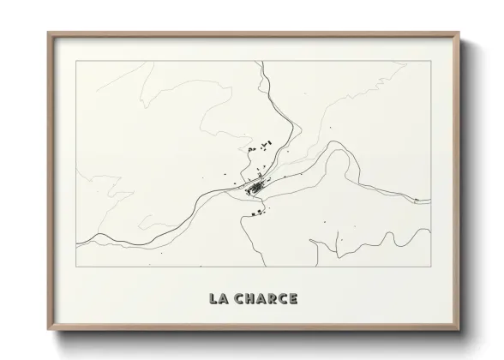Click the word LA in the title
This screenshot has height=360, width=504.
pos(219,299)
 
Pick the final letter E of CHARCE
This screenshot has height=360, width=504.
pos(293,299)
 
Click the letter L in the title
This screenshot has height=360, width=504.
pos(213,299)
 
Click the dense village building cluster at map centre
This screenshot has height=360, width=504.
pos(256,185)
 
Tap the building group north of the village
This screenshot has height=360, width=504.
pos(258,147)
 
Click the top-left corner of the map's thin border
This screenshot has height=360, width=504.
pos(77,62)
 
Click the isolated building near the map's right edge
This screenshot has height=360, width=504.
pos(417,201)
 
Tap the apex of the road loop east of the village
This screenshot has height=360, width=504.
pos(339,152)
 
